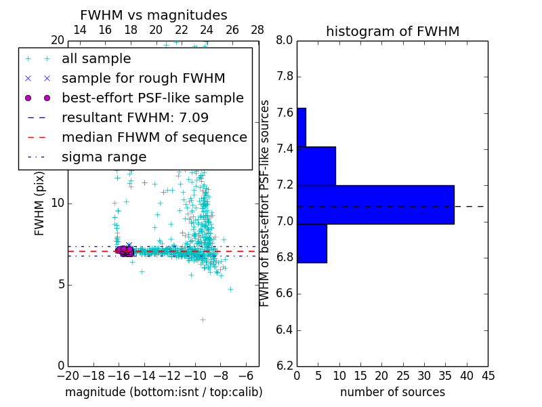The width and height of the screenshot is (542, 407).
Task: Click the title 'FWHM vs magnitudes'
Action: (153, 15)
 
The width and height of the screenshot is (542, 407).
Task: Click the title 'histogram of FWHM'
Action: (392, 31)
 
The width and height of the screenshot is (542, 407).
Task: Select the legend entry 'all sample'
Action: (96, 59)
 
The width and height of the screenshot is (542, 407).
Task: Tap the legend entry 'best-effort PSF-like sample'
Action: (152, 98)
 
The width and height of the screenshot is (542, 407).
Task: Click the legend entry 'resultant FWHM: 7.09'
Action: (135, 118)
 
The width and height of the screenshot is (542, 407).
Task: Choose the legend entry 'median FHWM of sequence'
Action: (154, 138)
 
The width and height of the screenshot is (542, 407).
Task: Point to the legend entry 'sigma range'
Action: (104, 157)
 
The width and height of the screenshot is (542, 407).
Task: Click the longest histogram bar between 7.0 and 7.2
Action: (375, 204)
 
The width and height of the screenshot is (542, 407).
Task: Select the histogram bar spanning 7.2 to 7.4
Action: (316, 166)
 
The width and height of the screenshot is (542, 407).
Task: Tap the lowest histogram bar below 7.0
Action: (312, 243)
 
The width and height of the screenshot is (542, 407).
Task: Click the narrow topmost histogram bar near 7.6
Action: (301, 127)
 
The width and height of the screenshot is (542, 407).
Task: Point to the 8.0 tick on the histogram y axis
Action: (285, 41)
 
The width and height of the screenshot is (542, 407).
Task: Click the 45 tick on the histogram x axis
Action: (488, 376)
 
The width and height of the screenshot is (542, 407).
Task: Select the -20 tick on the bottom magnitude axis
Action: (68, 376)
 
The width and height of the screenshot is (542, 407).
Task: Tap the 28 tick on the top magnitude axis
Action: (257, 30)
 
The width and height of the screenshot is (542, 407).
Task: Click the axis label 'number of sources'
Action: (392, 392)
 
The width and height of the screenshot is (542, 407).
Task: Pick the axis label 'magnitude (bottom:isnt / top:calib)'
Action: (163, 392)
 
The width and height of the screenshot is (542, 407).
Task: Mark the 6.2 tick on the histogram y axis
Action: (285, 366)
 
